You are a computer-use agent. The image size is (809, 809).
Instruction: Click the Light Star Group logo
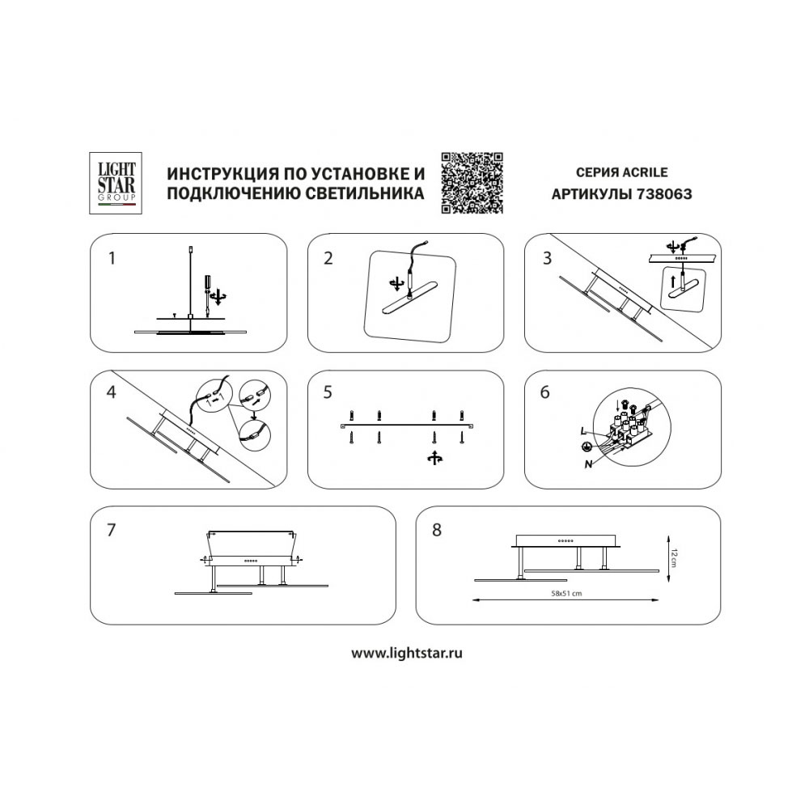[x=116, y=183]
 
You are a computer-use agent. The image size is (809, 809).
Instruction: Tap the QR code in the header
[x=472, y=183]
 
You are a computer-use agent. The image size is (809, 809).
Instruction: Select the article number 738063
[x=664, y=194]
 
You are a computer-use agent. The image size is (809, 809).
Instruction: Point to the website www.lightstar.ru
[x=407, y=653]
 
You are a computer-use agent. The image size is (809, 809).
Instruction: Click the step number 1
[x=112, y=258]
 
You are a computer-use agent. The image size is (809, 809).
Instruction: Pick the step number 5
[x=328, y=392]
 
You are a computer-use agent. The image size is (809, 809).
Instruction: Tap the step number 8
[x=437, y=530]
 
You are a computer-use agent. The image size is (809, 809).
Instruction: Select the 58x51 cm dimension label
[x=566, y=593]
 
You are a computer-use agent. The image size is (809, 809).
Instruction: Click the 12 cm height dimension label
[x=676, y=558]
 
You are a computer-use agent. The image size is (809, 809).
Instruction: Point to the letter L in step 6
[x=583, y=431]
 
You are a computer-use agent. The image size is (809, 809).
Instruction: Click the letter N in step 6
[x=588, y=465]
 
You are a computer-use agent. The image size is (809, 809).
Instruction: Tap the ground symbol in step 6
[x=586, y=447]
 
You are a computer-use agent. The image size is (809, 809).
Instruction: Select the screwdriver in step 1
[x=206, y=294]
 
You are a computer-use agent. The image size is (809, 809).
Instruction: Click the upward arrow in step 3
[x=672, y=282]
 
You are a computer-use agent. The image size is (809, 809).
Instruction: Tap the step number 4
[x=111, y=392]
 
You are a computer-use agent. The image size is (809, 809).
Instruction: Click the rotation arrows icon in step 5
[x=435, y=458]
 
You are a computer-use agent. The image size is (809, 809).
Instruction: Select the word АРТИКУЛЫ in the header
[x=592, y=194]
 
